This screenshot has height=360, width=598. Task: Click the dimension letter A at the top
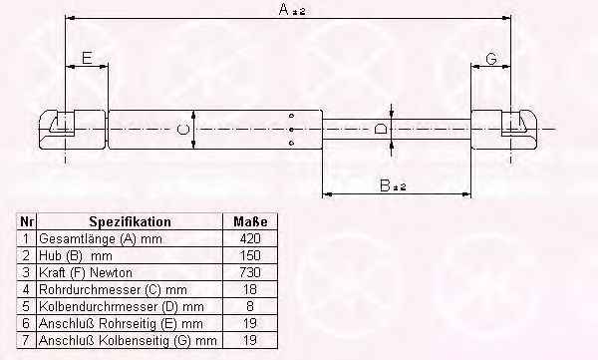(x=284, y=9)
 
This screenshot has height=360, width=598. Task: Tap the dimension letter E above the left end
(x=87, y=58)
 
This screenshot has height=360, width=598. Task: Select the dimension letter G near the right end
(x=492, y=59)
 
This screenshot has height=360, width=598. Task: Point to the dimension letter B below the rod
(x=385, y=185)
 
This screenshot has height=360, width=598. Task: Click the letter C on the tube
(x=183, y=129)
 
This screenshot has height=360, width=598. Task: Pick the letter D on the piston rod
(x=381, y=129)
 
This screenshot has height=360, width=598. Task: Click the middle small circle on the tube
(x=292, y=130)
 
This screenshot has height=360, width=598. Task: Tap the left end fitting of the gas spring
(x=73, y=130)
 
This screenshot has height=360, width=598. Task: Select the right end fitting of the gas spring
(x=504, y=130)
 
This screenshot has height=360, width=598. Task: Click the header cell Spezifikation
(x=130, y=221)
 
